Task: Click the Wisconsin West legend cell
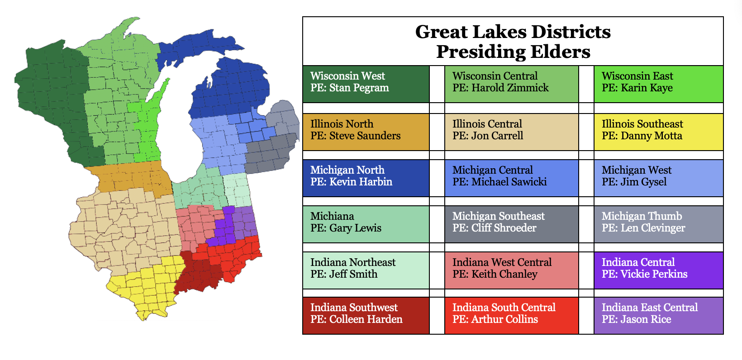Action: (366, 84)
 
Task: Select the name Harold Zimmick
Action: (510, 88)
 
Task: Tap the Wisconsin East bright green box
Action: (658, 84)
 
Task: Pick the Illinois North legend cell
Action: (366, 132)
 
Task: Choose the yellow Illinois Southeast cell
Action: (658, 132)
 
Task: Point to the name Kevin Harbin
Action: (361, 182)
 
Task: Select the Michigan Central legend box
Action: (511, 178)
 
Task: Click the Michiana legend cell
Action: (366, 224)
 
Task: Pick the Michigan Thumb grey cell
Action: (658, 224)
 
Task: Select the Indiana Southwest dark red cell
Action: (366, 316)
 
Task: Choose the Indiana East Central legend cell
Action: (658, 316)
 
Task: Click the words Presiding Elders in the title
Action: (513, 52)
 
